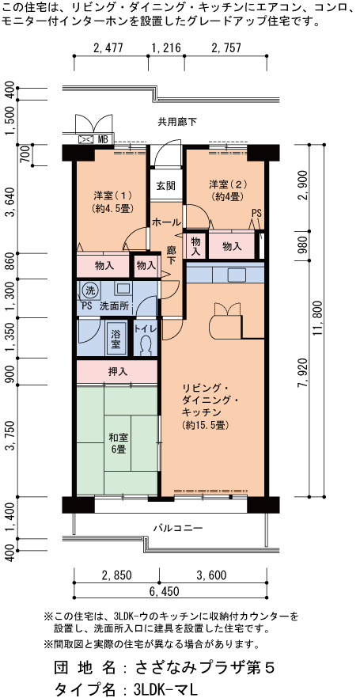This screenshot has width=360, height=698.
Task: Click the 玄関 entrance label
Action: tap(165, 185)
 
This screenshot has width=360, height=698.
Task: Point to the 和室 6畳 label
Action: tap(119, 443)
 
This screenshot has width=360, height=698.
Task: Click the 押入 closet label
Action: tap(117, 372)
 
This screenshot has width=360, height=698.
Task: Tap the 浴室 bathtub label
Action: tap(116, 338)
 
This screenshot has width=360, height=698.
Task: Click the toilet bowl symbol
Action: tap(145, 345)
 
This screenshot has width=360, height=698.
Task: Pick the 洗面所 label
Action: tap(114, 305)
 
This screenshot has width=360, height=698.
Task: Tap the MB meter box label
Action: tap(103, 139)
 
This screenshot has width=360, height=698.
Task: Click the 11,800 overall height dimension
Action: tap(330, 320)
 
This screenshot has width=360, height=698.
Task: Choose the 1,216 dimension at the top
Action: tap(166, 48)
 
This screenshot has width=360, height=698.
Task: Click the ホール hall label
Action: tap(166, 222)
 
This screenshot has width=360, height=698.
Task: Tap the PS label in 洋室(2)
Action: tap(257, 213)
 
